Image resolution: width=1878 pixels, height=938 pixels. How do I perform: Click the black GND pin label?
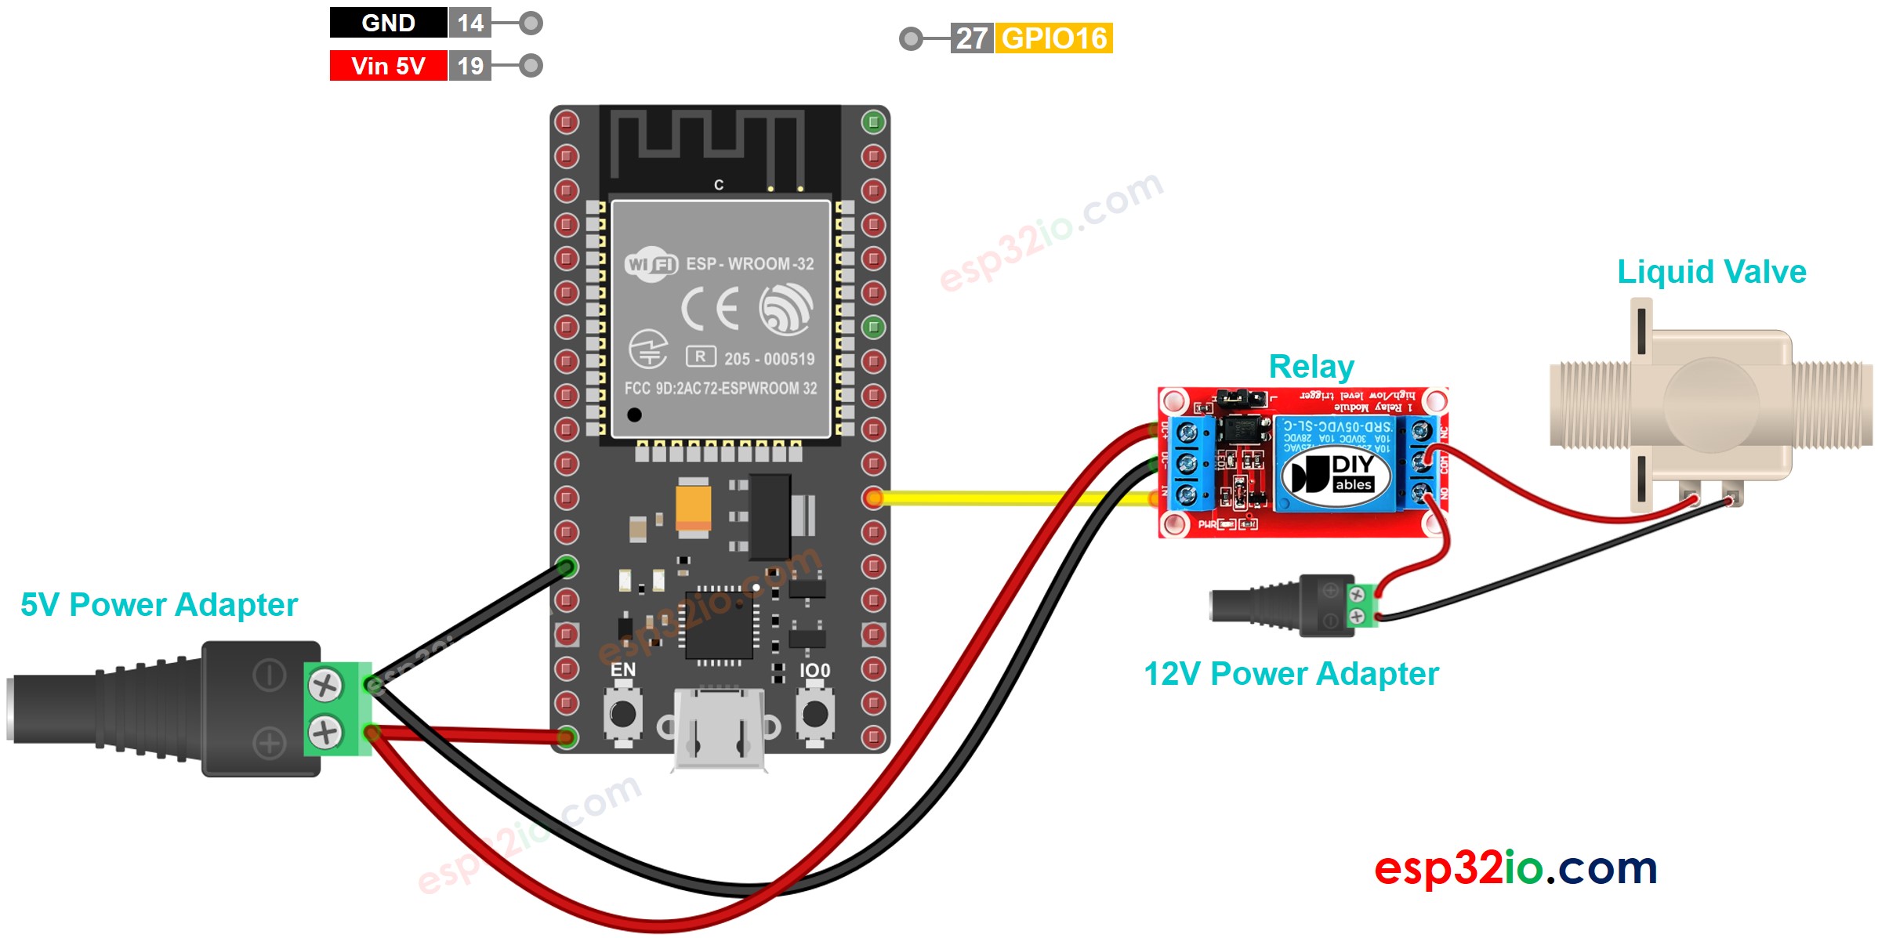(388, 23)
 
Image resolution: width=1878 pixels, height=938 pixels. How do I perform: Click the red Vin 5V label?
(388, 66)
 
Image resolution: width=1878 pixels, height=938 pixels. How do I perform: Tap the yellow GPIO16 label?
(1053, 38)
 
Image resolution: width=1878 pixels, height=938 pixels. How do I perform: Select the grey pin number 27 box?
(972, 38)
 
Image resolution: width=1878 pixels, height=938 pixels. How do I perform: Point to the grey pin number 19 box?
(470, 66)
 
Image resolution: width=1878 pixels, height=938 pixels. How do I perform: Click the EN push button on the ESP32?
(623, 714)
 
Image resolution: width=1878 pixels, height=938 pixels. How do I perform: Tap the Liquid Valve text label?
(1712, 272)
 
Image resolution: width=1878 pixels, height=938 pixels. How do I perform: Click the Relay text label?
(1311, 367)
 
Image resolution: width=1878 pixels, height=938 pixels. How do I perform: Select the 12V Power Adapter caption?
(1291, 674)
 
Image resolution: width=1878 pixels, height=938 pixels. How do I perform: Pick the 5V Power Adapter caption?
(159, 605)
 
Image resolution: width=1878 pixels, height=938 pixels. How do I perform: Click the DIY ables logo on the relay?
(1336, 474)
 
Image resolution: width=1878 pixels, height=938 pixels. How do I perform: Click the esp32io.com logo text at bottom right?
(1515, 868)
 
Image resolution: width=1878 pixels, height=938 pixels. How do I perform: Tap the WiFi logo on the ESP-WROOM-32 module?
(651, 265)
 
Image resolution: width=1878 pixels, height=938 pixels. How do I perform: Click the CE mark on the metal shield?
(710, 309)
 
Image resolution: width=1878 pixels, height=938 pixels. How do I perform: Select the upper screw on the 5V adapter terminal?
(324, 686)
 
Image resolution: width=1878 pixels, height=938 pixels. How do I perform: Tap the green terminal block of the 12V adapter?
(1362, 606)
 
